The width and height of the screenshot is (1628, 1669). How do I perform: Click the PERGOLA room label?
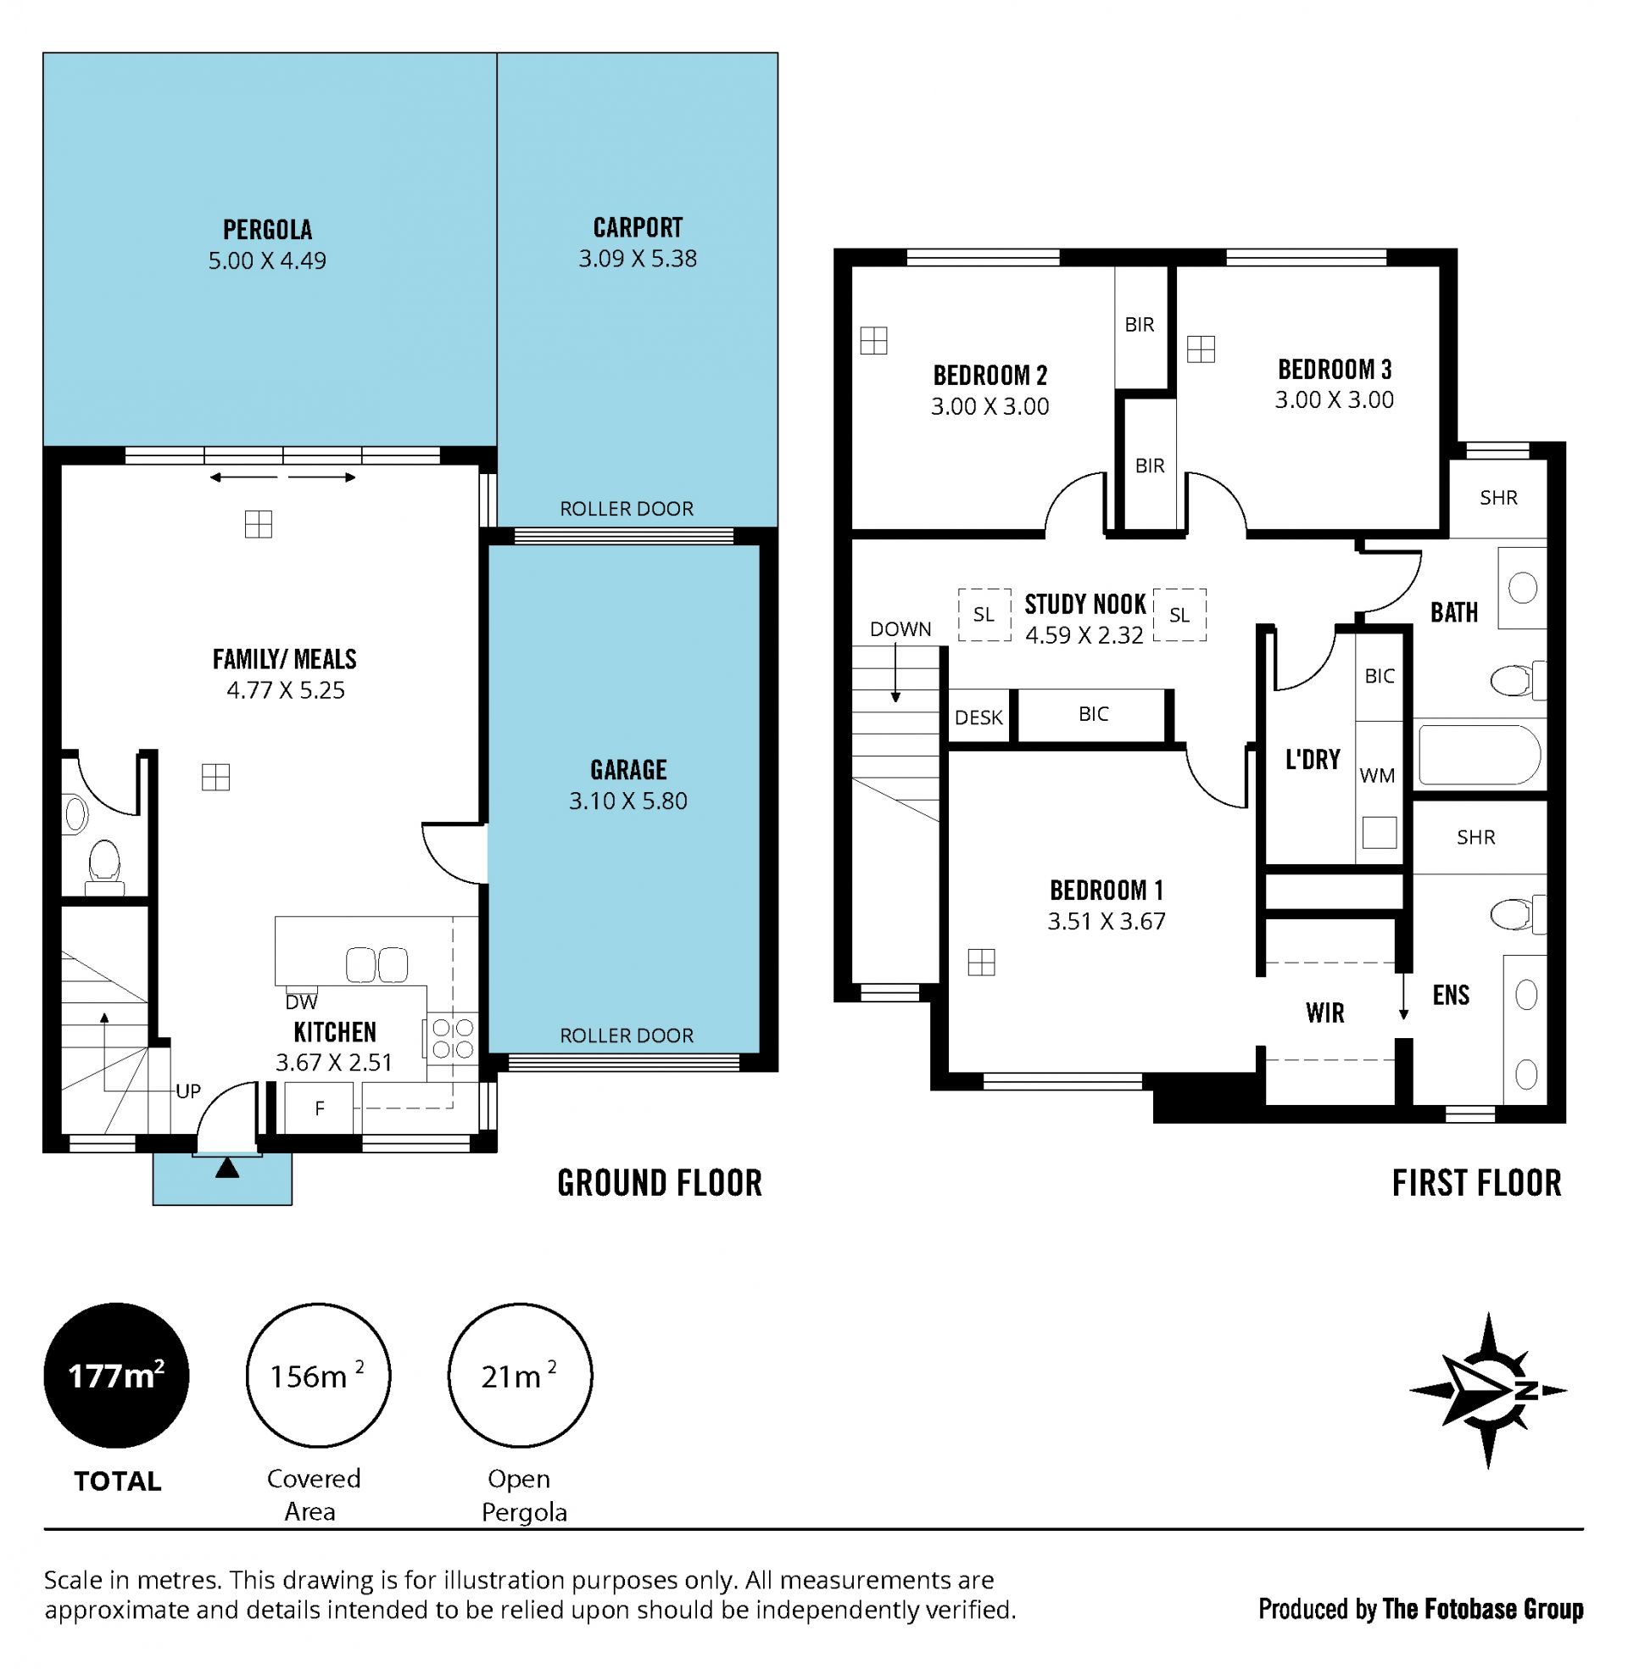click(x=268, y=229)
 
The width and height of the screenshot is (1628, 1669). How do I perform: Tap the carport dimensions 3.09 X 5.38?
click(x=637, y=258)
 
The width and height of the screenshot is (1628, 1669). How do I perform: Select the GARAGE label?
click(x=628, y=769)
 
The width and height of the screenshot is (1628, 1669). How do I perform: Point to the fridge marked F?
click(x=319, y=1108)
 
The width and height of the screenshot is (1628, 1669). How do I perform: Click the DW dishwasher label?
click(x=301, y=1002)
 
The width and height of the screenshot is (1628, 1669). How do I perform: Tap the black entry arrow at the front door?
click(x=226, y=1167)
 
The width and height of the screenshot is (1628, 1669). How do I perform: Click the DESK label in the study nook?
click(x=978, y=717)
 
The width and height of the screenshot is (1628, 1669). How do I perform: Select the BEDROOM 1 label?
click(x=1107, y=890)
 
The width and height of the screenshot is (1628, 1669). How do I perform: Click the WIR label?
click(x=1324, y=1013)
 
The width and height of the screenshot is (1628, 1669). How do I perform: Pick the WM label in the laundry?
click(x=1377, y=775)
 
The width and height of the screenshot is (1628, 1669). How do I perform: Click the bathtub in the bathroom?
click(x=1480, y=755)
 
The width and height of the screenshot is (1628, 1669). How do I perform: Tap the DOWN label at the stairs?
click(x=900, y=629)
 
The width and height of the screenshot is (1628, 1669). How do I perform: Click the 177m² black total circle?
click(x=116, y=1376)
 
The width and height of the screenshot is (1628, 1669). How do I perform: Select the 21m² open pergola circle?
click(x=520, y=1376)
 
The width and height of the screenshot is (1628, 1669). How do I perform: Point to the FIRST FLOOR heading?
click(x=1477, y=1183)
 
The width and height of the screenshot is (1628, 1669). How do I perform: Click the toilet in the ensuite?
click(x=1517, y=914)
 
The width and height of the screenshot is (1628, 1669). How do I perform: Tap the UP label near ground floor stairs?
click(x=188, y=1091)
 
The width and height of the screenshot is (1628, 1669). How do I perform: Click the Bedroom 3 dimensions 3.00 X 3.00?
click(x=1334, y=399)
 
